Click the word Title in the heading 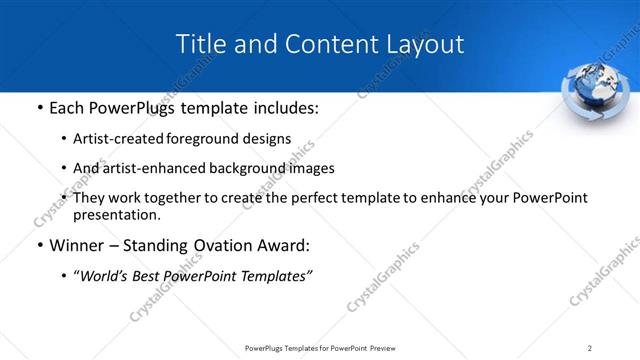point(199,44)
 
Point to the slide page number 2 point(590,348)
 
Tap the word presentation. point(116,214)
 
